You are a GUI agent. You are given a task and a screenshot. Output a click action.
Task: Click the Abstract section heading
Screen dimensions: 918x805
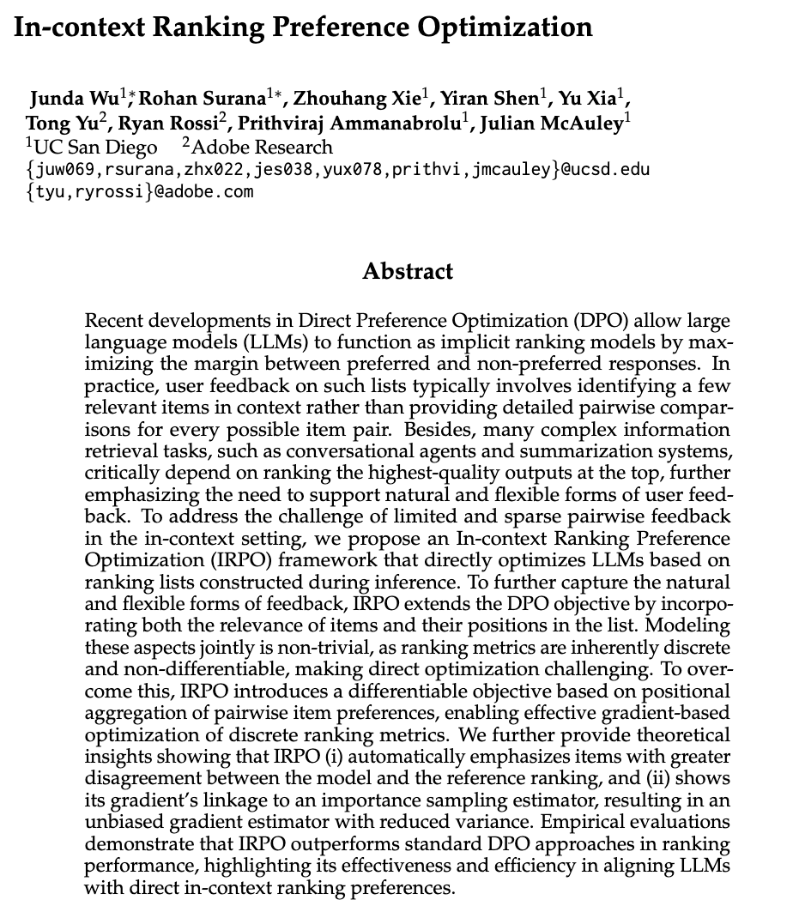pyautogui.click(x=408, y=272)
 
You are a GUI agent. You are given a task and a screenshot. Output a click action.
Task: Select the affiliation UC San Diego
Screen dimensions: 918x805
pyautogui.click(x=95, y=147)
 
